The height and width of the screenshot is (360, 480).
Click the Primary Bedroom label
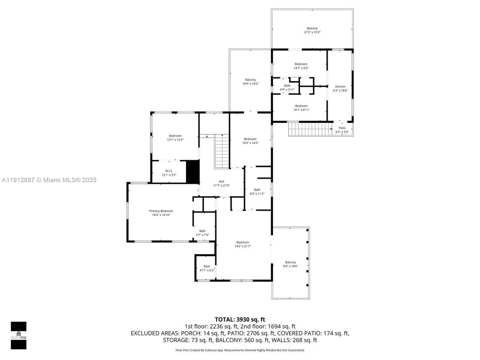(x=161, y=211)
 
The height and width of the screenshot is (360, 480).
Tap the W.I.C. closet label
(x=169, y=171)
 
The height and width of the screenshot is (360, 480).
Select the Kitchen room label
(x=340, y=87)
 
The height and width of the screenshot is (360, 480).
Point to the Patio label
(x=342, y=128)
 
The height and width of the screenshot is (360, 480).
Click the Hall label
(x=221, y=181)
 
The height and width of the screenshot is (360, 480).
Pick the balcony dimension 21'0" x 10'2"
(x=312, y=33)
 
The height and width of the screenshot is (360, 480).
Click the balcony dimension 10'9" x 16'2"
(x=250, y=84)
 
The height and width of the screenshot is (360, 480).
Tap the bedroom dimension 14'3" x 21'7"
(x=243, y=246)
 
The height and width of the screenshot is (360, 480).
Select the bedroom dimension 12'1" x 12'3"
(x=175, y=140)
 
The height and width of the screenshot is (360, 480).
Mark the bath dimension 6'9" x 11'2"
(x=257, y=194)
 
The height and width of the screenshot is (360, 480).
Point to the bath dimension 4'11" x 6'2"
(x=207, y=270)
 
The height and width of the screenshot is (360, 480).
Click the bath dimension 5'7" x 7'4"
(x=202, y=235)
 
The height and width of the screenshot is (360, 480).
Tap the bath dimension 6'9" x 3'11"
(x=287, y=90)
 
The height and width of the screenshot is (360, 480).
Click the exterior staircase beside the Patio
(x=310, y=129)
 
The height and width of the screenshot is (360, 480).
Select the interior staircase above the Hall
(x=222, y=151)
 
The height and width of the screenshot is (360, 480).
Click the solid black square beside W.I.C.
(x=192, y=172)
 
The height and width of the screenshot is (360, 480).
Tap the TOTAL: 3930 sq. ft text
(x=240, y=319)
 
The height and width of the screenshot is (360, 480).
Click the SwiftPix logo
(x=18, y=335)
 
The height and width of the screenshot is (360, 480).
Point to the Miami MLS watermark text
(x=49, y=180)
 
